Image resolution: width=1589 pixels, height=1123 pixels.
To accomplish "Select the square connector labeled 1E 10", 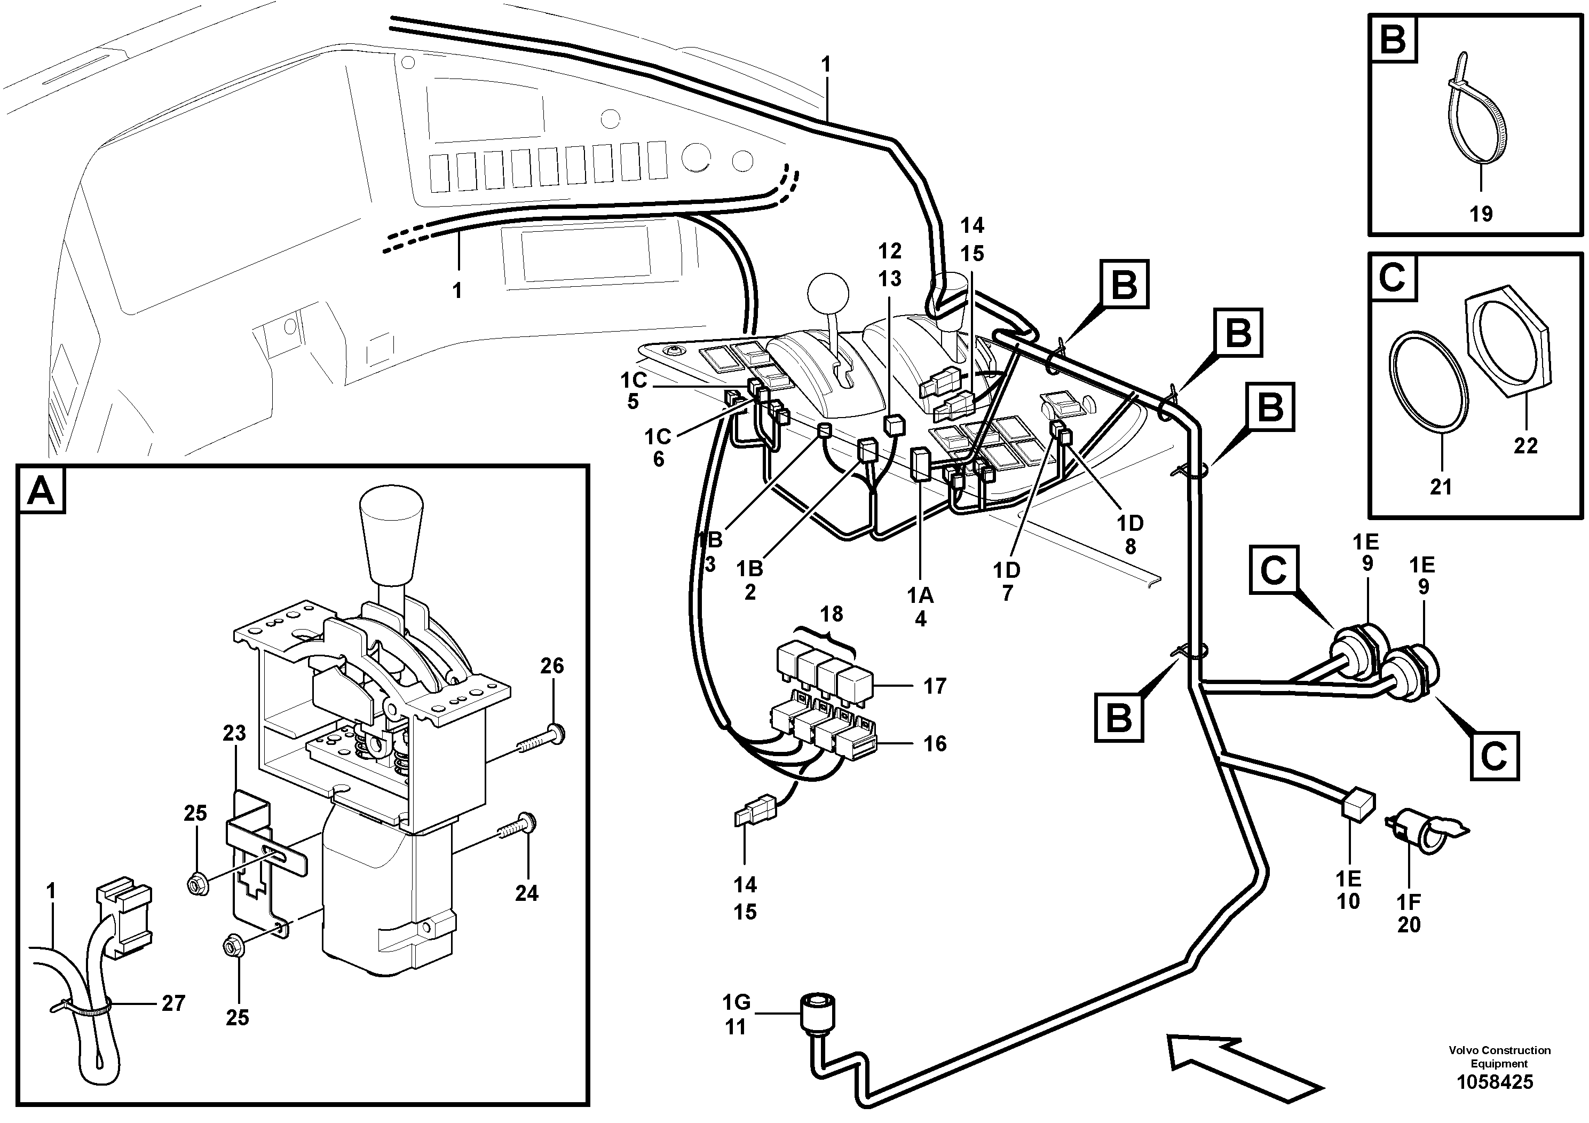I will click(1358, 805).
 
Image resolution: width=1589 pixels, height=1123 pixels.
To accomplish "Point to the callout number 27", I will click(173, 1003).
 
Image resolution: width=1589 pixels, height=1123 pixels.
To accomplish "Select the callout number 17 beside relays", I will click(934, 686).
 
